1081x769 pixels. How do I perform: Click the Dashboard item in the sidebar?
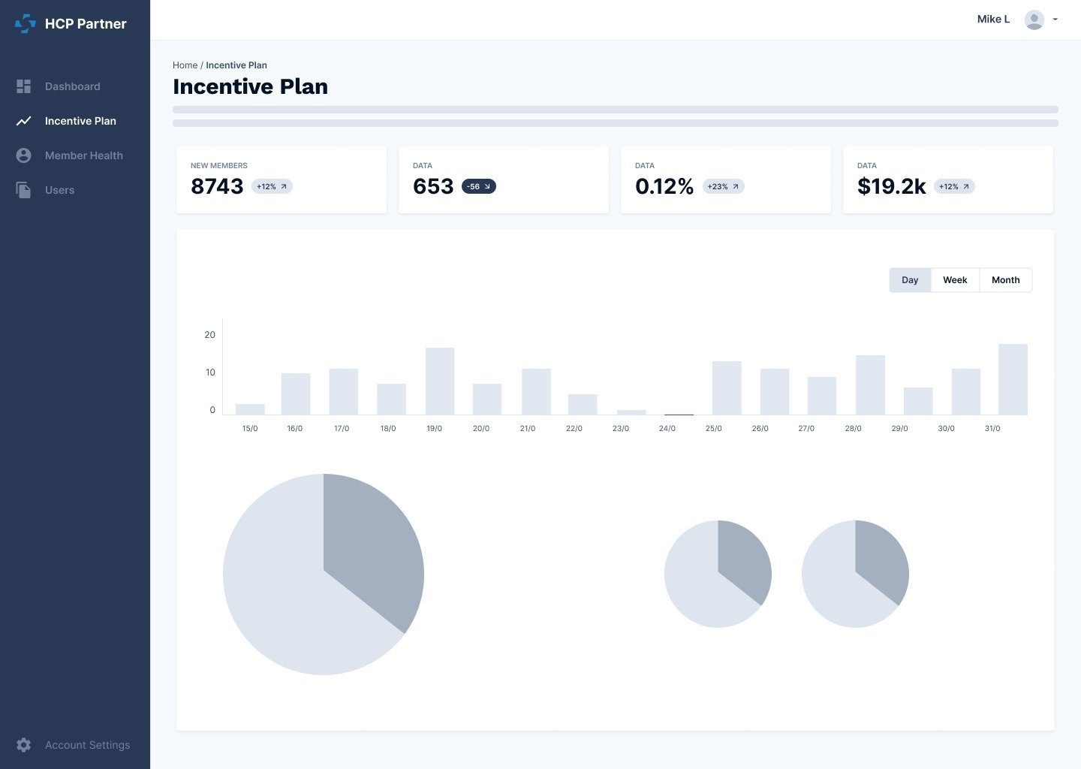71,86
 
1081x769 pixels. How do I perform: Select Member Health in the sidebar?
83,155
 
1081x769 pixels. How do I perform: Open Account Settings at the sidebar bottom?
86,745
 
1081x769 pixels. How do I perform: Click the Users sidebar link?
59,190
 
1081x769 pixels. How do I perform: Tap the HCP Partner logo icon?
25,24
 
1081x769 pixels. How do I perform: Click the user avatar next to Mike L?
1034,20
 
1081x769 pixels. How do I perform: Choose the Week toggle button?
955,280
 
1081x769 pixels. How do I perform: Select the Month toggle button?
1005,280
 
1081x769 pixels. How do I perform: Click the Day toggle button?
910,280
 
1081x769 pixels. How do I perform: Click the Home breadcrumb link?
185,65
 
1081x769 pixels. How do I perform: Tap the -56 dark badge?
478,186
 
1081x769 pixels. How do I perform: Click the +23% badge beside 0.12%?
723,186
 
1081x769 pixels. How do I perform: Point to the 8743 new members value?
217,186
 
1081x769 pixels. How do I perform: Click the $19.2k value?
891,186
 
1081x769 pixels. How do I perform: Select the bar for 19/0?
440,381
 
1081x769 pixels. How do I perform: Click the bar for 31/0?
1013,379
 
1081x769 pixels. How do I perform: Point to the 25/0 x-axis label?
713,428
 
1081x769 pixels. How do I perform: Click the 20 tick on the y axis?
209,335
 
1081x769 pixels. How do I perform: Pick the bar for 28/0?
870,385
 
